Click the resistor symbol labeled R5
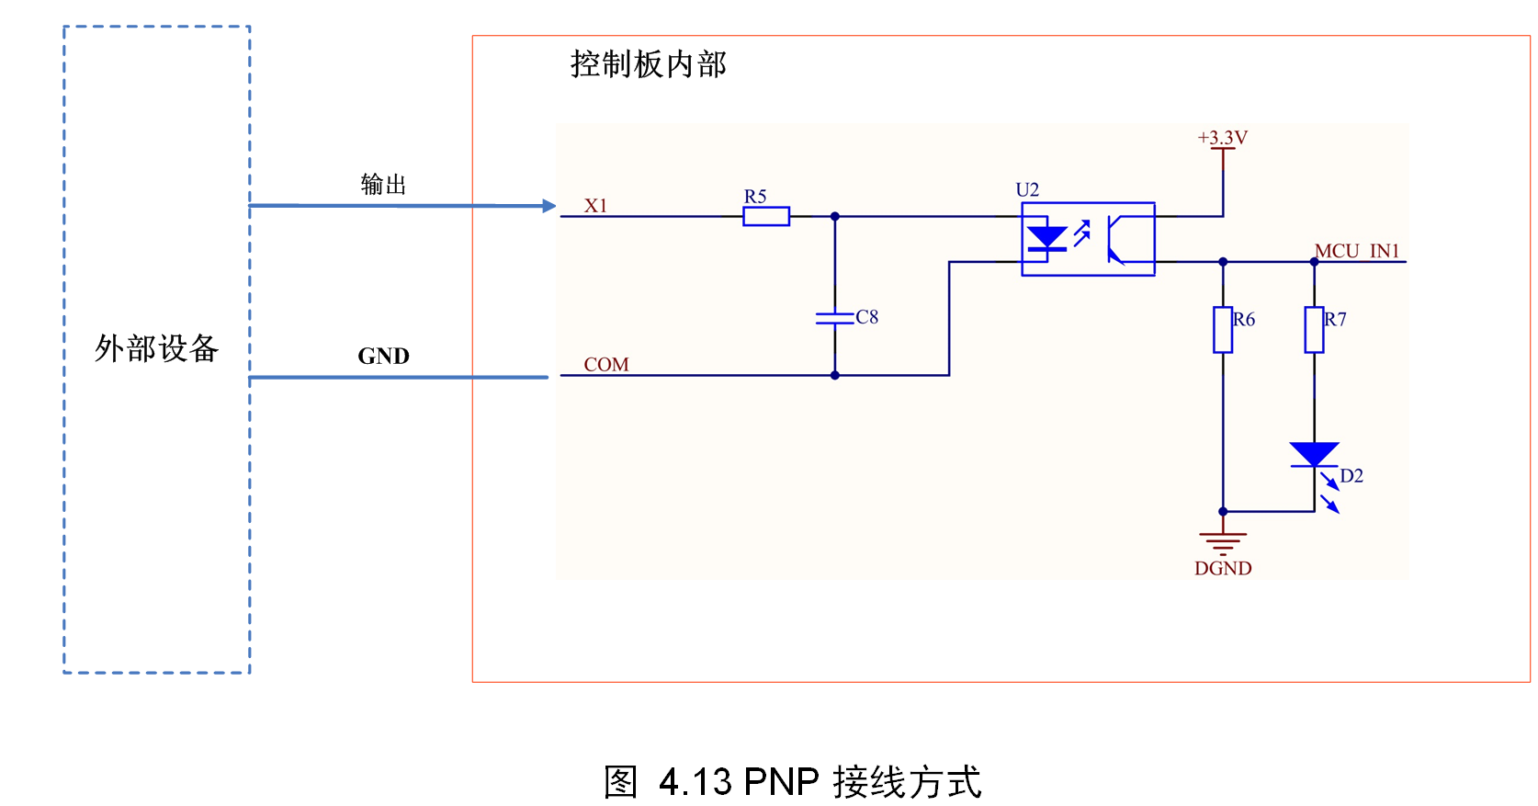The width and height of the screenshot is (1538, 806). coord(766,217)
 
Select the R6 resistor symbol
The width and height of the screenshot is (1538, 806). coord(1222,330)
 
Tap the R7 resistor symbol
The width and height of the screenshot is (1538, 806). coord(1314,330)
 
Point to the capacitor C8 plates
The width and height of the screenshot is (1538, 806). coord(834,318)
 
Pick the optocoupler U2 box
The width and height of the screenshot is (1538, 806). coord(1088,239)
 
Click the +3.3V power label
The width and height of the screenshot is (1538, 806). coord(1222,138)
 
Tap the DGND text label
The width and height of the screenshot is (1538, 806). coord(1222,569)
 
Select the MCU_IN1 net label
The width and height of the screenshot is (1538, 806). coord(1356,251)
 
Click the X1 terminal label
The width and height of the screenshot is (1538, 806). coord(595,206)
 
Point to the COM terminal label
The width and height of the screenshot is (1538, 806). coord(606,365)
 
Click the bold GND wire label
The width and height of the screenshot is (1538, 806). coord(383,356)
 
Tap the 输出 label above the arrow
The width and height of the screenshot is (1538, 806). coord(383,185)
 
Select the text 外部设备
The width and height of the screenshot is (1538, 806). coord(156,348)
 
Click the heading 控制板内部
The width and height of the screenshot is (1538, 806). coord(648,64)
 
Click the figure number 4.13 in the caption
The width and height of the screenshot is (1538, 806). coord(695,782)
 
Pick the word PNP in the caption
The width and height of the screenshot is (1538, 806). coord(781,782)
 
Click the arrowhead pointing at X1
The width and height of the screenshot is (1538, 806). coord(549,206)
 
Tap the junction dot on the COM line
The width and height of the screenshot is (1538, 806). coord(834,375)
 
